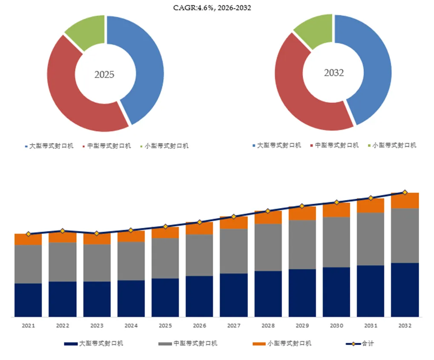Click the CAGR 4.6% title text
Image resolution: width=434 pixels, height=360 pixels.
pos(212,8)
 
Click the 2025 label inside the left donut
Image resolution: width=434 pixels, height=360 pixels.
pos(104,75)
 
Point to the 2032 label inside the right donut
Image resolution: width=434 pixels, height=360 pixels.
pos(334,73)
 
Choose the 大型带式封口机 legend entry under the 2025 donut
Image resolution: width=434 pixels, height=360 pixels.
pos(49,146)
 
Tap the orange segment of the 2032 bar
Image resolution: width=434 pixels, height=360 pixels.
pos(405,200)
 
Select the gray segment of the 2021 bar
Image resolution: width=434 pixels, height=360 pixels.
pos(28,264)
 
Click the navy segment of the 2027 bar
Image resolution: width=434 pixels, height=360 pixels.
pos(233,295)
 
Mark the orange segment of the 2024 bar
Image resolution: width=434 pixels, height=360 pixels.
pos(131,236)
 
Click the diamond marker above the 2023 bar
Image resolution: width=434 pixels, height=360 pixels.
pos(97,233)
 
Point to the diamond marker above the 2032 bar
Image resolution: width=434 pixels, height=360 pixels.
pos(405,192)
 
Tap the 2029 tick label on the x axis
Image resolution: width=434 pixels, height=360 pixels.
pos(302,325)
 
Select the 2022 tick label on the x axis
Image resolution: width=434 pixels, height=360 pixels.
pos(63,325)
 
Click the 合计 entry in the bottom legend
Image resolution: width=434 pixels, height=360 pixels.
pos(360,344)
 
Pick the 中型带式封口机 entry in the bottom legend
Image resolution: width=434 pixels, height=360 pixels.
pos(188,344)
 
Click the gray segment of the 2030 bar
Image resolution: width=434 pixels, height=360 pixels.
pos(336,242)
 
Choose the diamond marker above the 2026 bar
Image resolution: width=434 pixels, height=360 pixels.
pos(199,222)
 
